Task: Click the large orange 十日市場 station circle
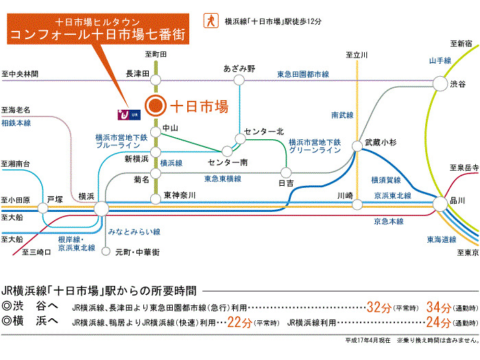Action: pos(156,106)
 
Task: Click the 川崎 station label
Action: pos(344,195)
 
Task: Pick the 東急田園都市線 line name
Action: pos(303,73)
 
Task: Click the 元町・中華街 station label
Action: pos(138,252)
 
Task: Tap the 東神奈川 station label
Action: pos(180,196)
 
